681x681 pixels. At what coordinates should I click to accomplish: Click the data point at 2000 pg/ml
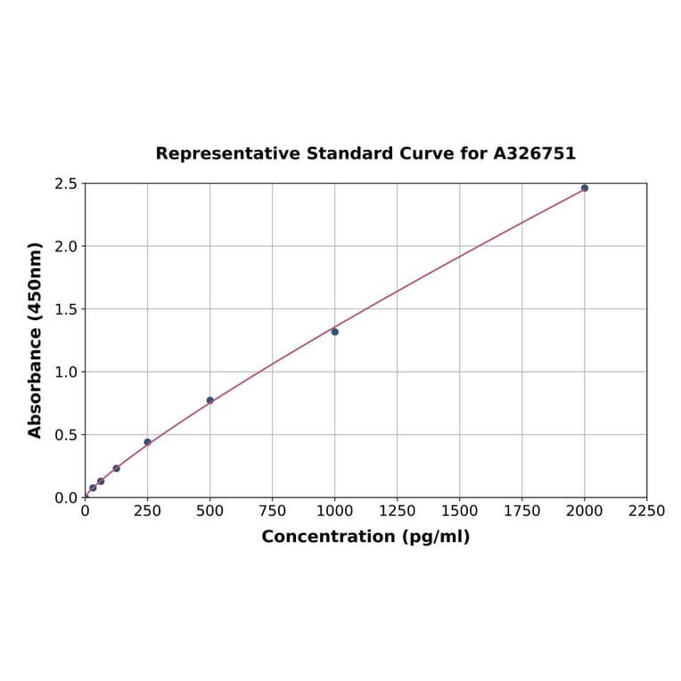coord(585,188)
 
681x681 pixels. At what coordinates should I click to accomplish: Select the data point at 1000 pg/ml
coord(335,332)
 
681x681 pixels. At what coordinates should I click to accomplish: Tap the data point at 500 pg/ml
coord(210,400)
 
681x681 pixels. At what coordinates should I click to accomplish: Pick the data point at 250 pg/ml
coord(148,442)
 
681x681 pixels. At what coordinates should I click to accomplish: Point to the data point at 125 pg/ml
coord(117,468)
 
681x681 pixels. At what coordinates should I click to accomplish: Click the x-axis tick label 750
coord(273,512)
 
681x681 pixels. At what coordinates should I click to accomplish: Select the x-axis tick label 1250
coord(398,512)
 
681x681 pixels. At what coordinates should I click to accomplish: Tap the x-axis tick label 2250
coord(646,512)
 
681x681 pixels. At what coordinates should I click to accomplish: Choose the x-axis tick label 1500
coord(460,512)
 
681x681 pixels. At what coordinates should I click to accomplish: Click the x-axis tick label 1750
coord(522,512)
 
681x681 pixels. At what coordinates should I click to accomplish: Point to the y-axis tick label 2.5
coord(66,184)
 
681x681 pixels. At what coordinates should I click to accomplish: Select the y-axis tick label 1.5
coord(66,309)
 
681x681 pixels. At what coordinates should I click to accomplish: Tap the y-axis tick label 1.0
coord(66,372)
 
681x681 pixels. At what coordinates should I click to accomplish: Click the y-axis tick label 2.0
coord(66,246)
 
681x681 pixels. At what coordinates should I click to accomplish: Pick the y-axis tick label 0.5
coord(66,435)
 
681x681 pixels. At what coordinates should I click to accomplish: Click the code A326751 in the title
coord(535,154)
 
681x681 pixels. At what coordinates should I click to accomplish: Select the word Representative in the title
coord(227,154)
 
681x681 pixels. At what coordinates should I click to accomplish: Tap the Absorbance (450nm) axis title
coord(36,340)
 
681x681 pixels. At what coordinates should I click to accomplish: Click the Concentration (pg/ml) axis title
coord(365,537)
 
